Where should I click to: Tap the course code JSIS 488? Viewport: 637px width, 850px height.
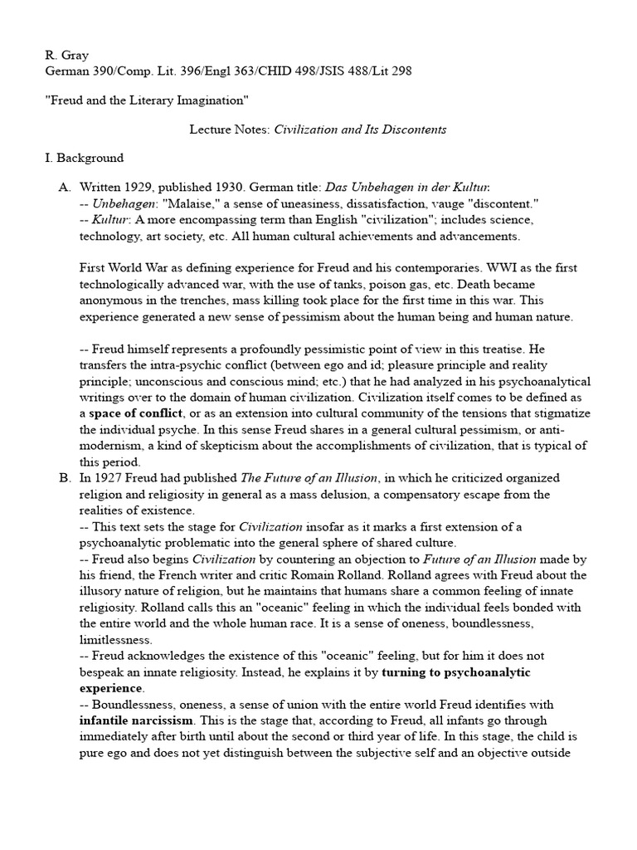coord(328,71)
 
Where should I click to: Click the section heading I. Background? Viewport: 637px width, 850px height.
coord(83,158)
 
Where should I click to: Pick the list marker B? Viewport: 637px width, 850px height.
coord(64,478)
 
